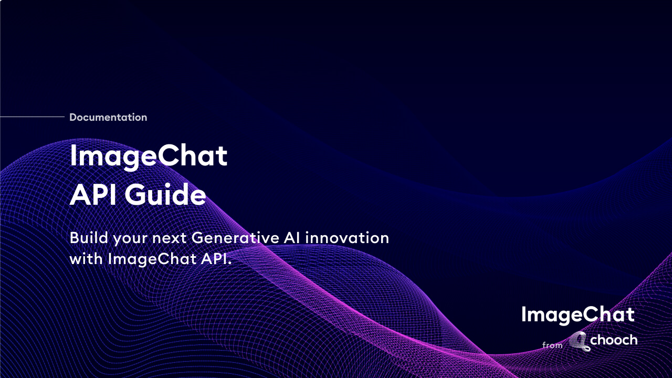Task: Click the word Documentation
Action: point(108,118)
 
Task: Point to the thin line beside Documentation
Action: point(32,117)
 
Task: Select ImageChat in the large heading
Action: point(149,156)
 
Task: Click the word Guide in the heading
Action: point(165,195)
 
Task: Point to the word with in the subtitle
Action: point(86,259)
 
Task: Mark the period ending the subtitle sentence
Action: point(229,263)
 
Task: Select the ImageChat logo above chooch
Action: point(577,315)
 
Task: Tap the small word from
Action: point(552,345)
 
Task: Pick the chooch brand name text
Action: point(614,341)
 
